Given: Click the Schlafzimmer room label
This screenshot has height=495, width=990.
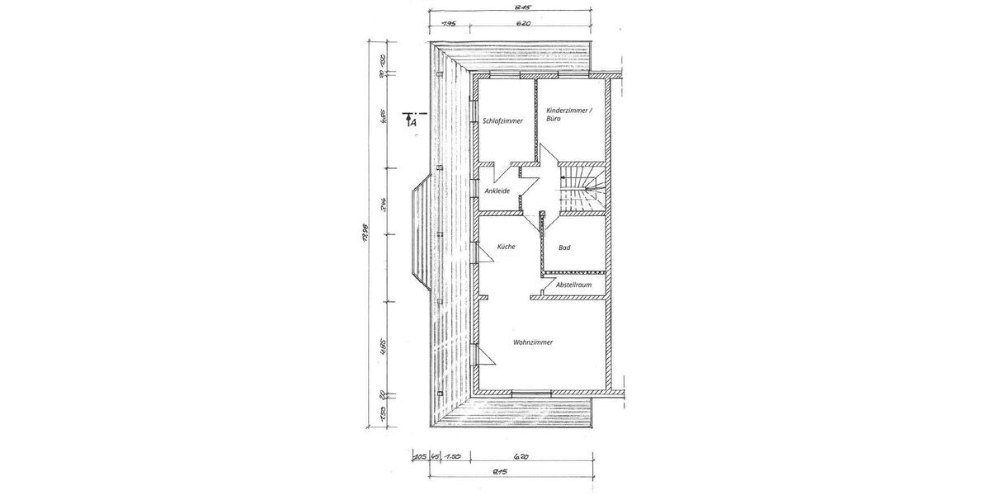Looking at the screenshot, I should pyautogui.click(x=502, y=120).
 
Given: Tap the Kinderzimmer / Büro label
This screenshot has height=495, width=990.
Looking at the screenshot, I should pyautogui.click(x=569, y=114).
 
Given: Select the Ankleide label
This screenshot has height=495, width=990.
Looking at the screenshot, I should pyautogui.click(x=497, y=191).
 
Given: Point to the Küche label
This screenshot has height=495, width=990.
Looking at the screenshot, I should pyautogui.click(x=506, y=247).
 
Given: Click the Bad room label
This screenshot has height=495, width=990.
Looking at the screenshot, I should pyautogui.click(x=564, y=247).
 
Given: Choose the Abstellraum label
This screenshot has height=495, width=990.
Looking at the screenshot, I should pyautogui.click(x=573, y=285).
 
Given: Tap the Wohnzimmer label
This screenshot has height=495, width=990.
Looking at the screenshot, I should pyautogui.click(x=532, y=342).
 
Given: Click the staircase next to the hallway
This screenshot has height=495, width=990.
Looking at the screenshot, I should pyautogui.click(x=582, y=191).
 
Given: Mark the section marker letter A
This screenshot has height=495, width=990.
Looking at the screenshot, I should pyautogui.click(x=414, y=122).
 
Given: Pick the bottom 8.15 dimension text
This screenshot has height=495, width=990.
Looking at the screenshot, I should pyautogui.click(x=498, y=472).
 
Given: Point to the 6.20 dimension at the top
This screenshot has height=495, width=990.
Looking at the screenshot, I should pyautogui.click(x=522, y=23).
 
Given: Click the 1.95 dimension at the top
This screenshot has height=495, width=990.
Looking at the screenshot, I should pyautogui.click(x=449, y=23).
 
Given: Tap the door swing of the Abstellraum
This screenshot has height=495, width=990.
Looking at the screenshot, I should pyautogui.click(x=545, y=289).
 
